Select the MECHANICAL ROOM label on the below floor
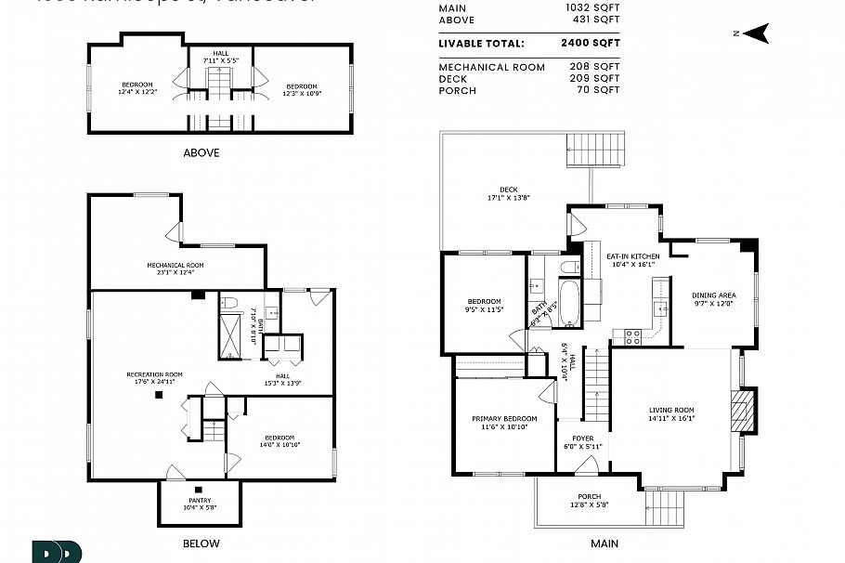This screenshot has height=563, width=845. click(175, 265)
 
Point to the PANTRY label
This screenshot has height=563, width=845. click(200, 501)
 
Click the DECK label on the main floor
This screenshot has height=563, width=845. click(508, 190)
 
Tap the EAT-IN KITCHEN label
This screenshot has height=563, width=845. click(632, 255)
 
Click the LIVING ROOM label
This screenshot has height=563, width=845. click(672, 410)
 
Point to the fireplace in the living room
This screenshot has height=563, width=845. click(745, 410)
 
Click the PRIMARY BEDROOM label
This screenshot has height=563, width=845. click(504, 419)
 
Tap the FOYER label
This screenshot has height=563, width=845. click(582, 439)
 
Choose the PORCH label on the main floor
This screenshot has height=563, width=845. click(589, 496)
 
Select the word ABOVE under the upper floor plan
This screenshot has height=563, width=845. click(201, 152)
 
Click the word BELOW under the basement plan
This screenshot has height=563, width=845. click(201, 543)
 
